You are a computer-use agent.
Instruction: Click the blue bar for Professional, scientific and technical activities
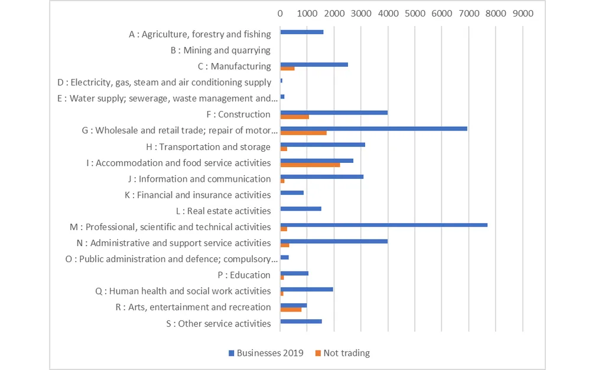(x=383, y=225)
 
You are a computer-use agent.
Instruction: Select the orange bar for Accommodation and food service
(x=310, y=165)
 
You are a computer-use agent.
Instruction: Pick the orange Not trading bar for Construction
(x=294, y=117)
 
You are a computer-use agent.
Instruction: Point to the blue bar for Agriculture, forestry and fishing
(x=301, y=32)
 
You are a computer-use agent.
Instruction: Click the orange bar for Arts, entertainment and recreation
(x=291, y=309)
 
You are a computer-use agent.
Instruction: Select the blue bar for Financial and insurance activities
(x=292, y=192)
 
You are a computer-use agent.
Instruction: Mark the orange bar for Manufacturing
(x=287, y=68)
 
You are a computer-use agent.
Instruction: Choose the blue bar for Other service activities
(x=301, y=321)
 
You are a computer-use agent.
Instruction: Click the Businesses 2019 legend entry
(x=266, y=353)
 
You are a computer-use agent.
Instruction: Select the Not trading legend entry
(x=342, y=353)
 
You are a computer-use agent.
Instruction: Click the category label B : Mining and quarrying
(x=220, y=51)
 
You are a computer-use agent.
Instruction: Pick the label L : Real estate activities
(x=228, y=211)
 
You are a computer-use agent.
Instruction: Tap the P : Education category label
(x=244, y=275)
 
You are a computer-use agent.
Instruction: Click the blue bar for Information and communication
(x=321, y=176)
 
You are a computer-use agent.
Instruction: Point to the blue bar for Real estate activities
(x=300, y=208)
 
